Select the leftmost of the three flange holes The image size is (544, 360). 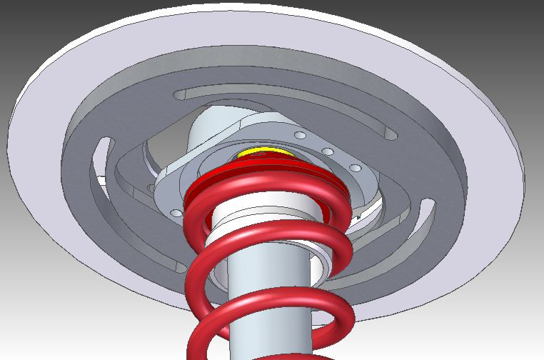click(301, 135)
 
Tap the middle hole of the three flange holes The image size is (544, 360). click(328, 151)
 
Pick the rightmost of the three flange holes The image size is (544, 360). click(353, 168)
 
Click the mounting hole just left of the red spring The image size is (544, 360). click(176, 213)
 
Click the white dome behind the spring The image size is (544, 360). click(214, 132)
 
